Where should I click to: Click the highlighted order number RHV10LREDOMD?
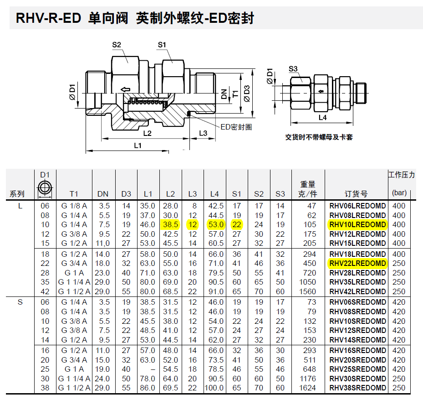pos(357,225)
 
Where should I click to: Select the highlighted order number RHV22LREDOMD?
pos(357,263)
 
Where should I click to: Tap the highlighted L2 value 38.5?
pos(170,225)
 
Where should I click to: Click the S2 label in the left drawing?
pos(117,45)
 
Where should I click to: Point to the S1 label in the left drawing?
pos(162,45)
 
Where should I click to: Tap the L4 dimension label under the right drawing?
pos(322,118)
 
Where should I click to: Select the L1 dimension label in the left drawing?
pos(138,145)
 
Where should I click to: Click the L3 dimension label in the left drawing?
pos(203,133)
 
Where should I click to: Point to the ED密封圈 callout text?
pos(236,127)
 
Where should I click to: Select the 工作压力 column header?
pos(401,175)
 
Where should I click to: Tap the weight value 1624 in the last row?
pos(308,388)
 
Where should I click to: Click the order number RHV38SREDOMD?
pos(357,388)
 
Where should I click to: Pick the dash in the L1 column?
pos(148,369)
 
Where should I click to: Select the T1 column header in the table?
pos(74,194)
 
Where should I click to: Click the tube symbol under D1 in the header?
pos(45,187)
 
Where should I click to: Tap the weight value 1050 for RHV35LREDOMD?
pos(308,282)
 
